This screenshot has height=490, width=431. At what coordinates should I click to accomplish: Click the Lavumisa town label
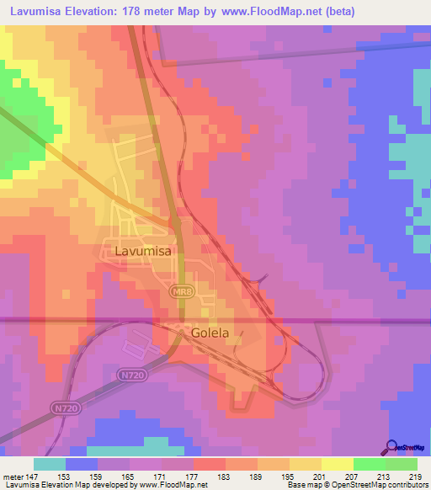point(139,250)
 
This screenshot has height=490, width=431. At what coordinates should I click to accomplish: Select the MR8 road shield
point(178,291)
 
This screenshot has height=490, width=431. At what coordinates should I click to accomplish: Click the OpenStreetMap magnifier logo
point(393,446)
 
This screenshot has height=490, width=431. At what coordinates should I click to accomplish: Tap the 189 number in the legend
point(254,476)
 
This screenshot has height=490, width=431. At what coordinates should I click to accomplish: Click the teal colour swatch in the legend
point(49,464)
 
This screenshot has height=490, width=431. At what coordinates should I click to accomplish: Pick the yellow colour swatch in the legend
point(336,464)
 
